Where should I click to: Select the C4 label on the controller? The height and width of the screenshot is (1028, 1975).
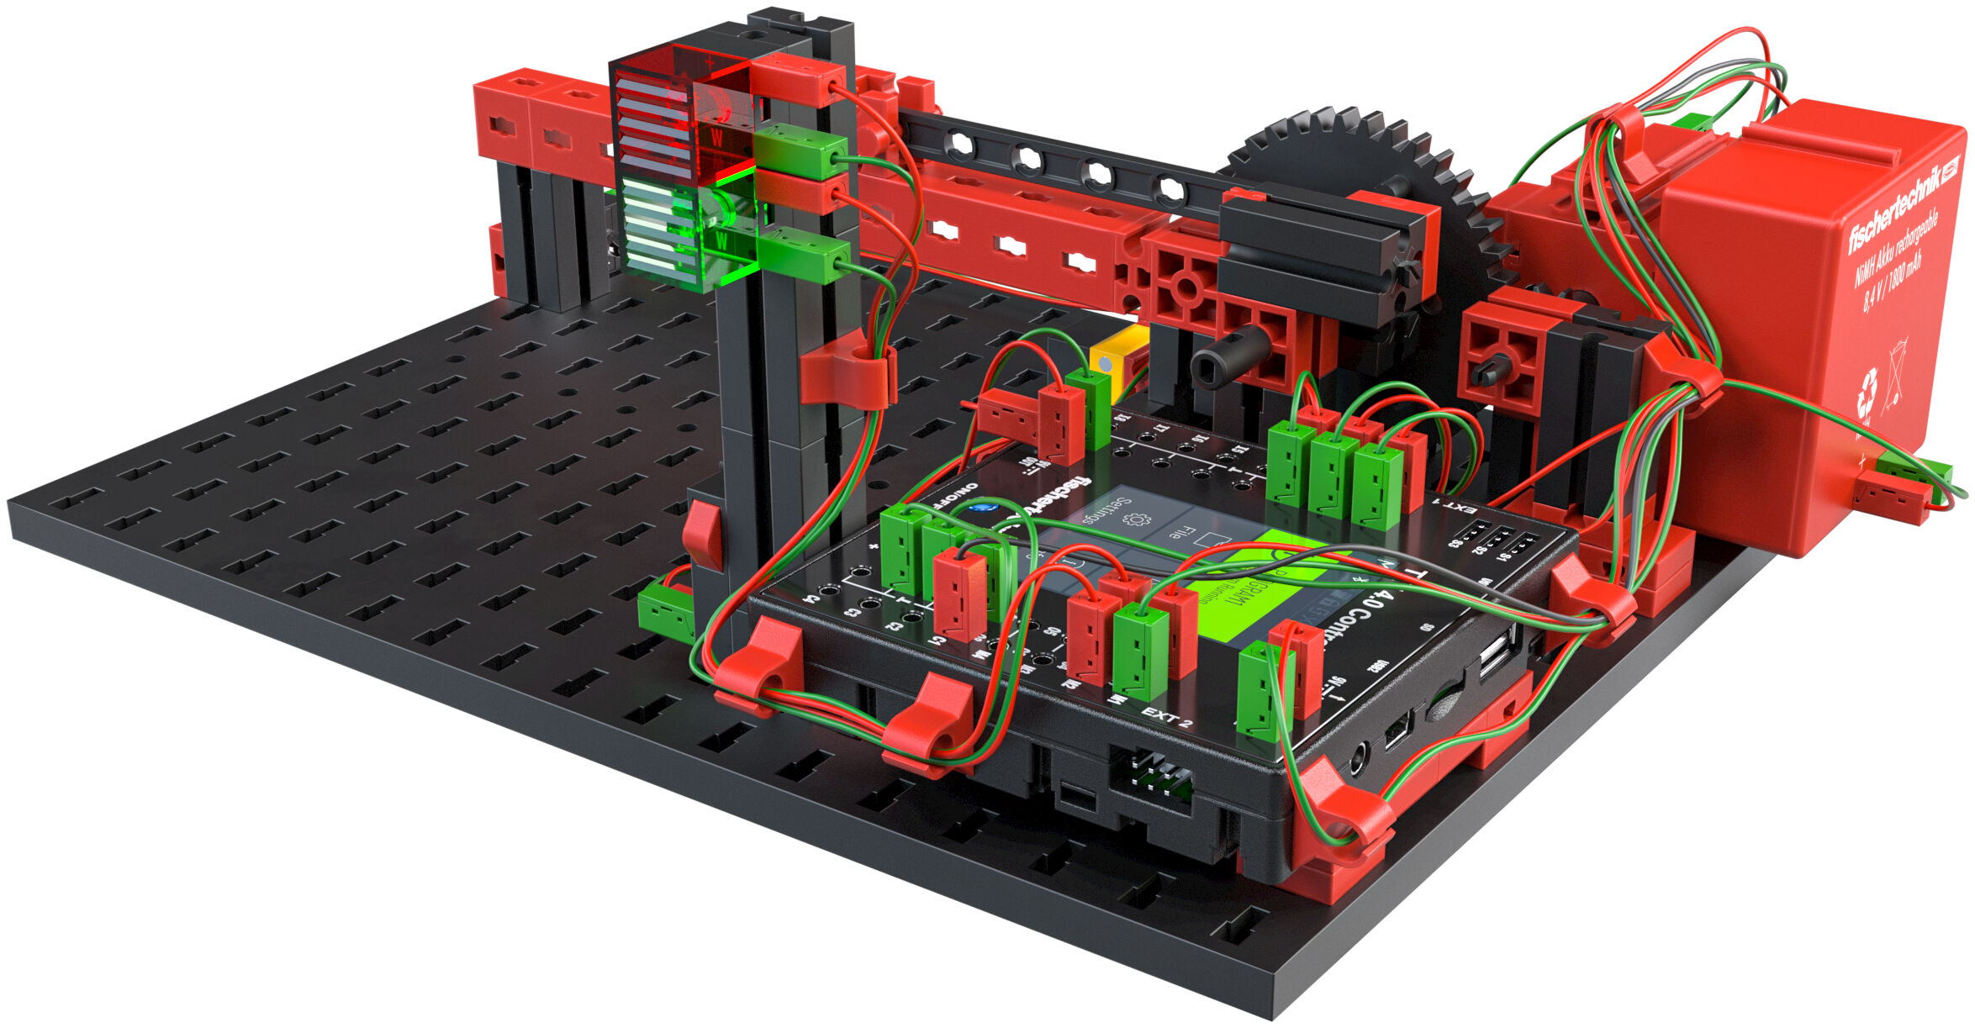(811, 600)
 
